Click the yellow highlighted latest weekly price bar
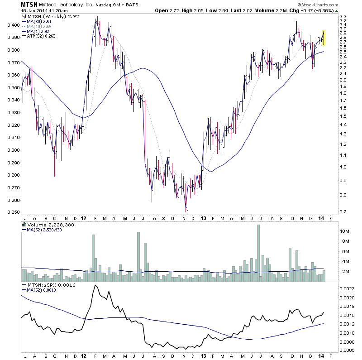coord(324,38)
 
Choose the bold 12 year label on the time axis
coord(83,217)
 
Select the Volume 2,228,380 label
coord(44,224)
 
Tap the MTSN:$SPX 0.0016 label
coord(49,284)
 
